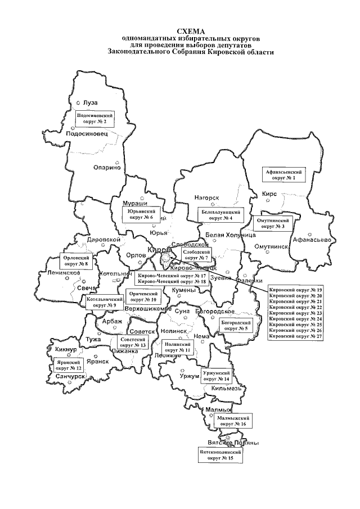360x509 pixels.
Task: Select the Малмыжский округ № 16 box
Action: coord(235,421)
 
